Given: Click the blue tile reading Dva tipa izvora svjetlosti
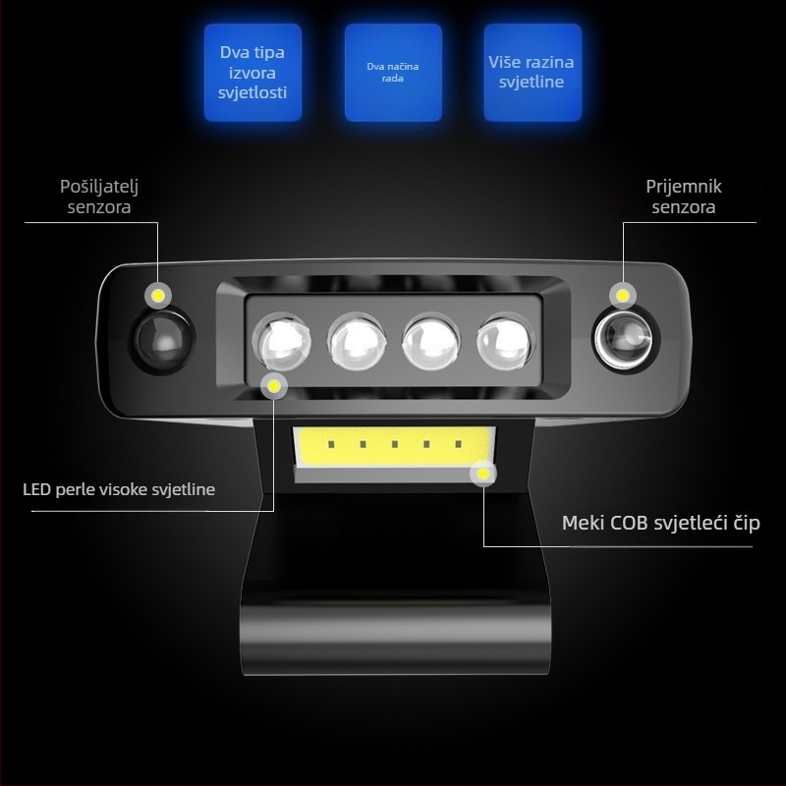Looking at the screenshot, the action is click(x=253, y=72).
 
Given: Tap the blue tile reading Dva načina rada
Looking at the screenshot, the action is click(x=393, y=72).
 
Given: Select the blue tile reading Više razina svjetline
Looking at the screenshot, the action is click(x=533, y=72).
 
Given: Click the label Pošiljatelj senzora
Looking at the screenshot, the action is click(x=99, y=196).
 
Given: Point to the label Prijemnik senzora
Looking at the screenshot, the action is click(x=684, y=196).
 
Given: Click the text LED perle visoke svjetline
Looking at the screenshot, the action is click(x=119, y=489).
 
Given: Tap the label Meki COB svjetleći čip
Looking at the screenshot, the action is click(x=660, y=523).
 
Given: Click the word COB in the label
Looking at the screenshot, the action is click(x=629, y=523).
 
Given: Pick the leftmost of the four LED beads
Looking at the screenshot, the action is click(x=282, y=342).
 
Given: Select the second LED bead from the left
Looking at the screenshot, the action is click(x=357, y=342).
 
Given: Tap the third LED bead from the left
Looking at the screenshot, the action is click(x=431, y=342).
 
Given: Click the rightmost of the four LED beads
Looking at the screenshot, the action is click(x=505, y=342).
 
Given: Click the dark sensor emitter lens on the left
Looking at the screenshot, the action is click(x=162, y=340).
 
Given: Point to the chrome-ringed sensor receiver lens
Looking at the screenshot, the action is click(x=625, y=340).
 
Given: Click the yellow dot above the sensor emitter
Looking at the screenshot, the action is click(x=158, y=296).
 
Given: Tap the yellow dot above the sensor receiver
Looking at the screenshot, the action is click(x=623, y=296).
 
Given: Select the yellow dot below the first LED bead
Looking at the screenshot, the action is click(x=274, y=386).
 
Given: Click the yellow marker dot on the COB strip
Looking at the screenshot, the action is click(x=483, y=474).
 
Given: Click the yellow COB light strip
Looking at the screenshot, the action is click(x=394, y=447).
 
